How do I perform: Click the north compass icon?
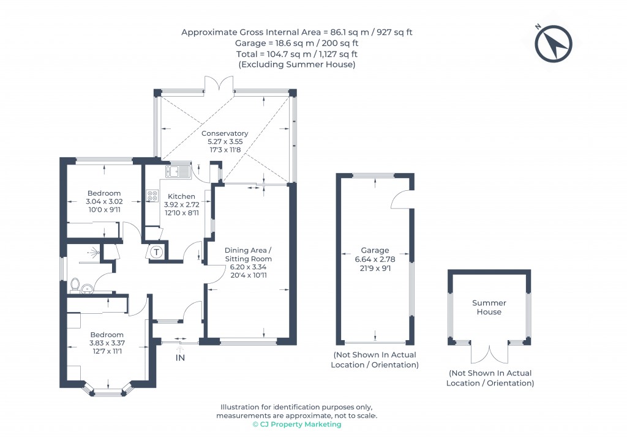click(553, 44)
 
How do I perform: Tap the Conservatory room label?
click(225, 133)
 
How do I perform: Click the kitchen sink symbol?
click(178, 171)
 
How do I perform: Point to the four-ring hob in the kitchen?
click(152, 196)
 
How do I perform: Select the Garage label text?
click(375, 250)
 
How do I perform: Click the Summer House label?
click(489, 307)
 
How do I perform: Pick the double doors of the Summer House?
click(490, 354)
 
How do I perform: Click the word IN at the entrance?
click(180, 357)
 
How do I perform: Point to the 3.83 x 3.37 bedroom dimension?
click(107, 343)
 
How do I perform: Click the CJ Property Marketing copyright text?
click(297, 425)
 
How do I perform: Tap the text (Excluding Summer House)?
click(297, 64)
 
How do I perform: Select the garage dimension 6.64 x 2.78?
click(375, 259)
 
